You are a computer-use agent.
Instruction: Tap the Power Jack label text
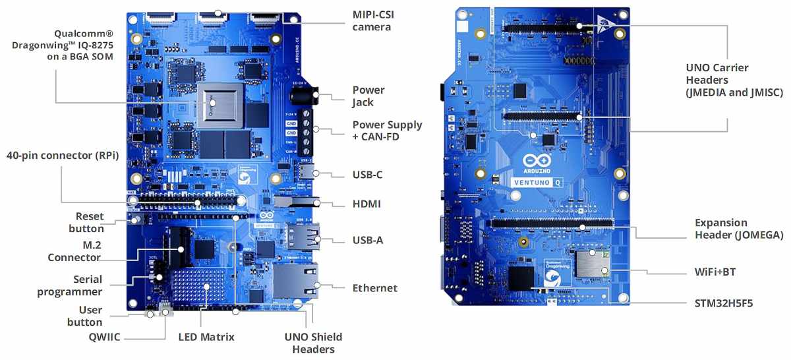pyautogui.click(x=368, y=96)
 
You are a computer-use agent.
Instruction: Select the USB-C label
pyautogui.click(x=367, y=175)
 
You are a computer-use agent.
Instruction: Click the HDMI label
pyautogui.click(x=366, y=204)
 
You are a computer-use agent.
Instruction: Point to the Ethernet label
pyautogui.click(x=374, y=288)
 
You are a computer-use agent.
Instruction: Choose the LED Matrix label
pyautogui.click(x=206, y=337)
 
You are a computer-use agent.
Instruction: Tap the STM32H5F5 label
pyautogui.click(x=724, y=303)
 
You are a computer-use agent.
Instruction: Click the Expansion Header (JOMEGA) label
pyautogui.click(x=739, y=229)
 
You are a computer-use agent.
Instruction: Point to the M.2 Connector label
pyautogui.click(x=74, y=251)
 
